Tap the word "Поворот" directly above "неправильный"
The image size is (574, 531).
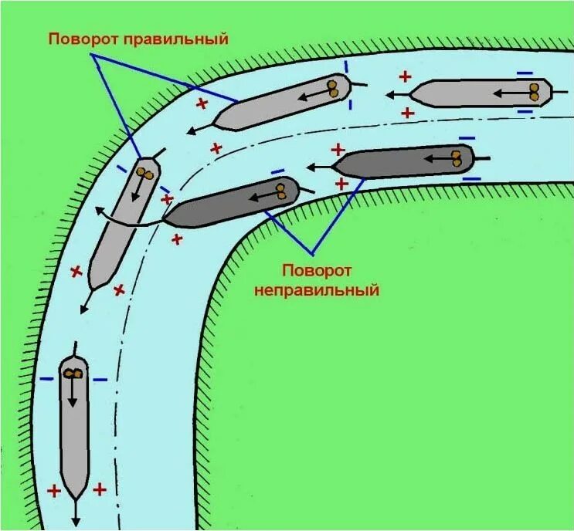click(317, 270)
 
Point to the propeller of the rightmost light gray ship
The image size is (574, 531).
click(533, 93)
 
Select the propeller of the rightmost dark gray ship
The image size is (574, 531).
click(458, 158)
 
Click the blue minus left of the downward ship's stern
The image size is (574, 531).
click(47, 379)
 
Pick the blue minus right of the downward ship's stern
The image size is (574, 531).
click(100, 379)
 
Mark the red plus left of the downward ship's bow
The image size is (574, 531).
click(53, 490)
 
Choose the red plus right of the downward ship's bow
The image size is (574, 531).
click(99, 489)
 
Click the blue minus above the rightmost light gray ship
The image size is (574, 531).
click(525, 73)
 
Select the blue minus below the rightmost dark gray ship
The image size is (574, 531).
click(470, 179)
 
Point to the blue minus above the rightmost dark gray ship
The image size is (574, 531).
click(466, 139)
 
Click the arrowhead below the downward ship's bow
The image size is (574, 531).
click(76, 522)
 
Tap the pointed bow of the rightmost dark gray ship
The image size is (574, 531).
click(334, 167)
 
